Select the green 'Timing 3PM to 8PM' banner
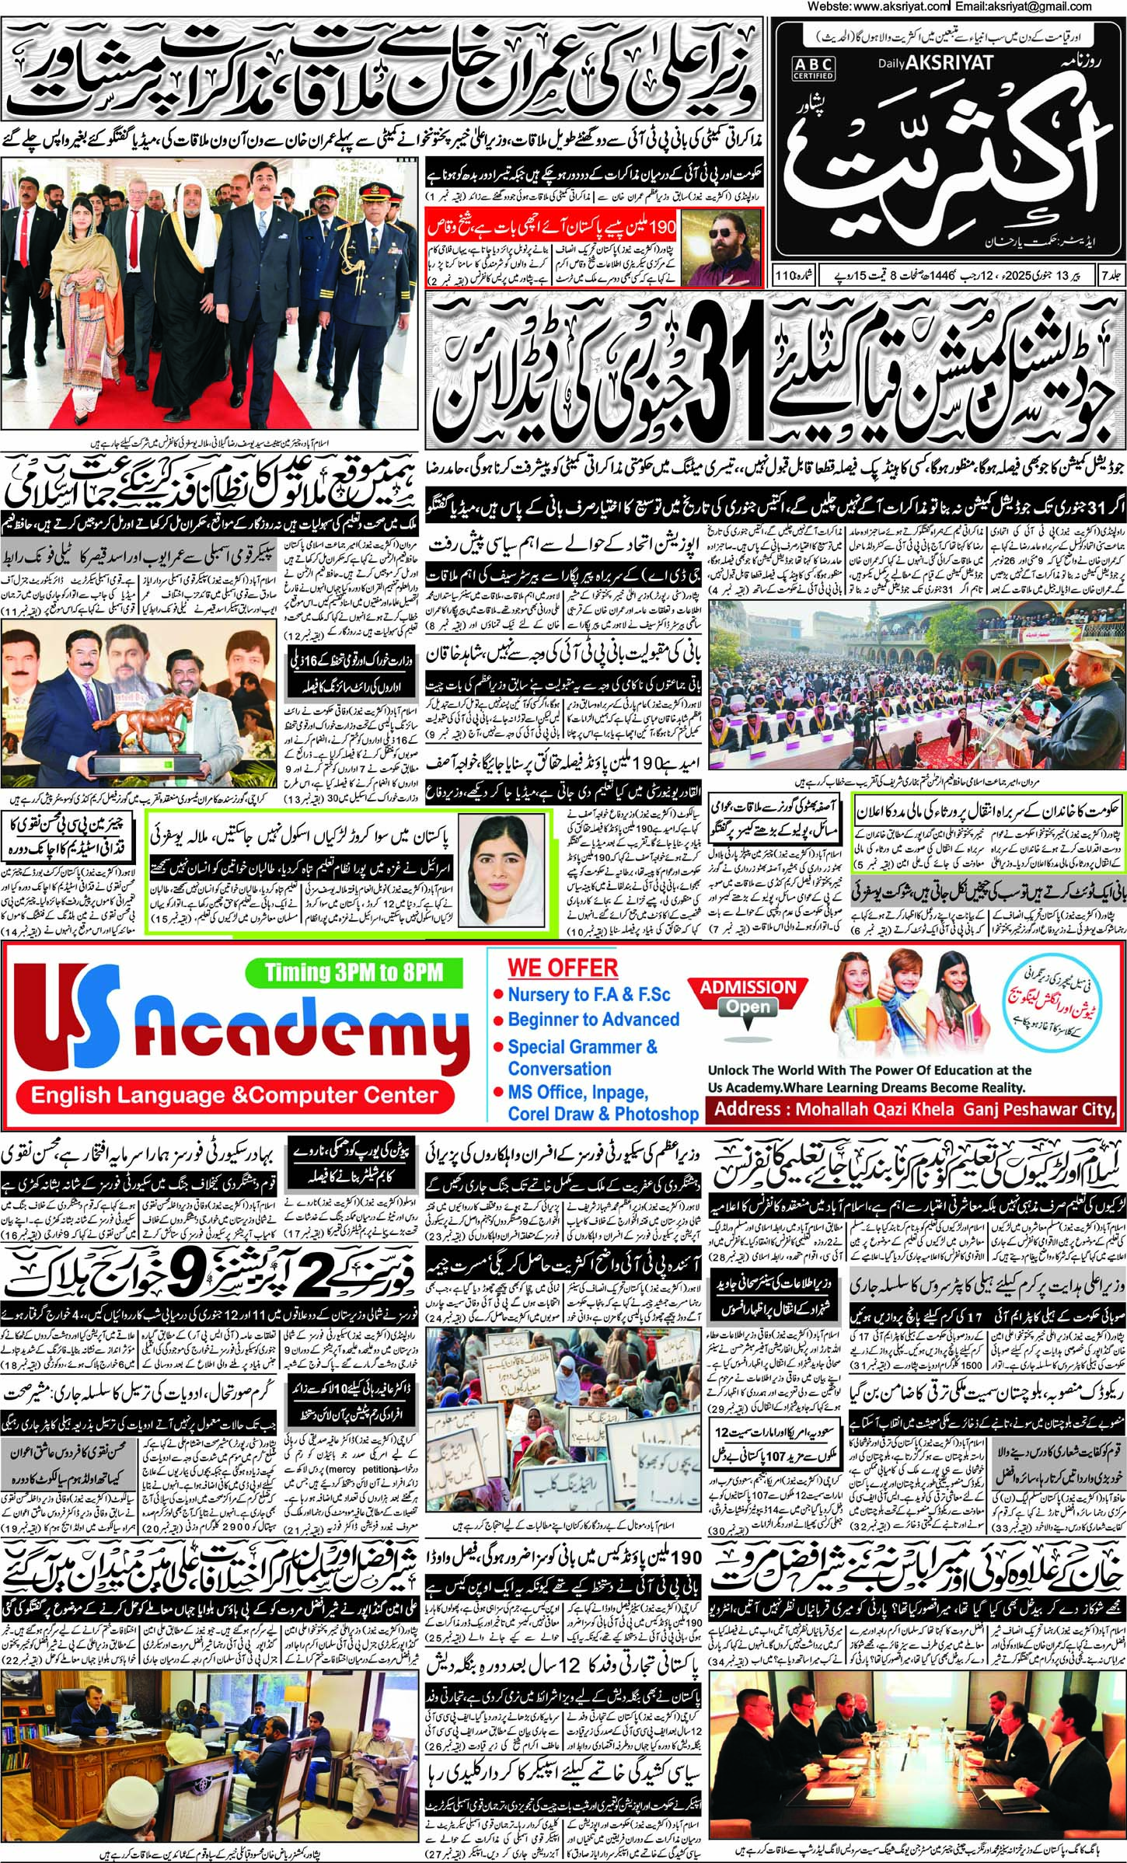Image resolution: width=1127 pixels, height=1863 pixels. pyautogui.click(x=353, y=972)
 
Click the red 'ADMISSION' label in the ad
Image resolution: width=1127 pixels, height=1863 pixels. pyautogui.click(x=748, y=987)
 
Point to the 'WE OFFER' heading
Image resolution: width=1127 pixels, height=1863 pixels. pyautogui.click(x=563, y=968)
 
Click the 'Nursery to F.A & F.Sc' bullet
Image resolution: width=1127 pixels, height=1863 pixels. pyautogui.click(x=588, y=994)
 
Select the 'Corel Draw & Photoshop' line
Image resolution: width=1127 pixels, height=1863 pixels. pyautogui.click(x=603, y=1114)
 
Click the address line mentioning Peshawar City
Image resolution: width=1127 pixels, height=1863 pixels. pyautogui.click(x=914, y=1109)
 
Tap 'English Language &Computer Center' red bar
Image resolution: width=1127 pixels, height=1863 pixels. pyautogui.click(x=234, y=1096)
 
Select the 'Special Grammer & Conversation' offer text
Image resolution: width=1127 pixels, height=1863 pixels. pyautogui.click(x=582, y=1057)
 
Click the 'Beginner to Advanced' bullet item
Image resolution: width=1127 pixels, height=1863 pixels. pyautogui.click(x=593, y=1019)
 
